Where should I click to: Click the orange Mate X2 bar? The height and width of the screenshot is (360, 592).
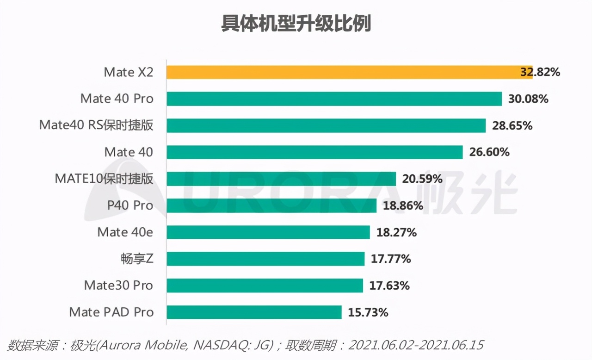[349, 72]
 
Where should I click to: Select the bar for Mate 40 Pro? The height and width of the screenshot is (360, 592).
[334, 99]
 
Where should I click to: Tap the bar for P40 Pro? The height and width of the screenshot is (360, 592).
[271, 205]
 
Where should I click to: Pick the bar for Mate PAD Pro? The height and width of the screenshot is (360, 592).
[254, 312]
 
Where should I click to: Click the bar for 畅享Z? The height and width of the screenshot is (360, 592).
[265, 259]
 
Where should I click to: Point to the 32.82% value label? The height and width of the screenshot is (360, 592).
[540, 72]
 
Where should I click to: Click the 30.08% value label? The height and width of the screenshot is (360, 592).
[528, 99]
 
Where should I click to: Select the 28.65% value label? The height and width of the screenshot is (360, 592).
[512, 125]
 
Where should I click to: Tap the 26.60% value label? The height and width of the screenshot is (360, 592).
[489, 152]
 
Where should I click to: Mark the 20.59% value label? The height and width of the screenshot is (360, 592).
[422, 179]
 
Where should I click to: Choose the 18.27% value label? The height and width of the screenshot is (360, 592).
[396, 232]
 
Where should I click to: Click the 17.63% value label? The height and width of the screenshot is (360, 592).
[389, 286]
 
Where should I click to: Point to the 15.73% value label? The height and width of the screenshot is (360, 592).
[368, 312]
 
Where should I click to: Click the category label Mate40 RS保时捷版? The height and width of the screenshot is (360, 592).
[96, 125]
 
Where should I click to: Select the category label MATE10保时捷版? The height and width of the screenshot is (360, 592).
[104, 179]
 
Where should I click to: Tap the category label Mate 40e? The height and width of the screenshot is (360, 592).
[125, 232]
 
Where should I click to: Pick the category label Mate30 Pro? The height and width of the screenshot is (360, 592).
[118, 286]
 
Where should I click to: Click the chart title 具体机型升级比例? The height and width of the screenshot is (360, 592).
[296, 24]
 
